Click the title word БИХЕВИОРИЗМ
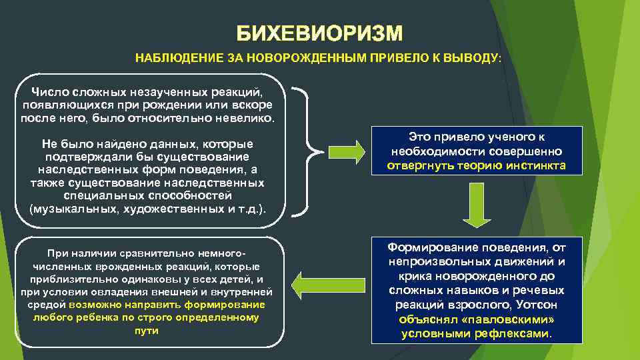click(x=320, y=33)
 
